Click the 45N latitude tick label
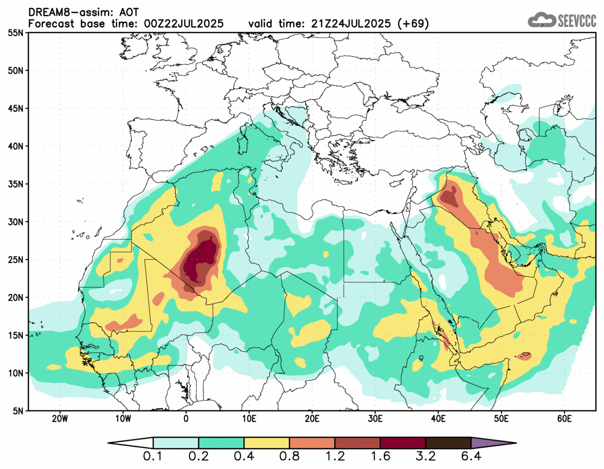[x=16, y=108]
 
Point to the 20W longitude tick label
[x=60, y=419]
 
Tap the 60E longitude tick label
[x=564, y=419]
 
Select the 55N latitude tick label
[x=16, y=33]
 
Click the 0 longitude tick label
[x=186, y=419]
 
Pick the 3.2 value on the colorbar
[x=426, y=457]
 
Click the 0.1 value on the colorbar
[x=153, y=457]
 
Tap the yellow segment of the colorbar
[x=266, y=443]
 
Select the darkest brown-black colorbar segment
[x=448, y=443]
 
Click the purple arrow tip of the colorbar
[x=493, y=443]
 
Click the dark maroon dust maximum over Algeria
[x=200, y=259]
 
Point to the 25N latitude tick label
[x=16, y=260]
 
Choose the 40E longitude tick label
[x=438, y=419]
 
